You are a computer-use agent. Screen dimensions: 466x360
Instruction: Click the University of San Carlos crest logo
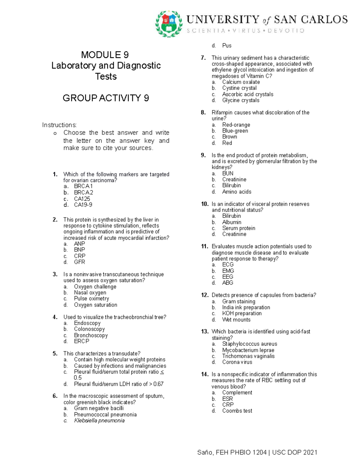169,24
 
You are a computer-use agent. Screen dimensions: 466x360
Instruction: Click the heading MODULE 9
105,55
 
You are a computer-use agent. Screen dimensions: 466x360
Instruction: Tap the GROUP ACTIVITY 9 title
106,98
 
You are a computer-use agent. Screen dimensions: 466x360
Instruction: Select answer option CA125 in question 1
82,199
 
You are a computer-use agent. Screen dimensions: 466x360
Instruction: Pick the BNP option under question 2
79,250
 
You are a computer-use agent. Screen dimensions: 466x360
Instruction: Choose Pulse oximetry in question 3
91,299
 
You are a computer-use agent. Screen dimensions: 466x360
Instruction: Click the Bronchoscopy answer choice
91,335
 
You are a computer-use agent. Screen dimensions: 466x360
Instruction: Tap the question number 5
55,353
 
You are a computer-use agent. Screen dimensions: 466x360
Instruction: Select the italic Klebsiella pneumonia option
99,420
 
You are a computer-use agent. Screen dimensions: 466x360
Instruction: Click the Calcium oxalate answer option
241,82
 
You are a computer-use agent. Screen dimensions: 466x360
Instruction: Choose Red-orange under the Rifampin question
236,125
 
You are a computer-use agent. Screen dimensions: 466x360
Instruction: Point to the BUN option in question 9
228,173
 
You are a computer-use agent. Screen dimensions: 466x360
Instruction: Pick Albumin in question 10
232,222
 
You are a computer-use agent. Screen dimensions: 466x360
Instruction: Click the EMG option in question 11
228,271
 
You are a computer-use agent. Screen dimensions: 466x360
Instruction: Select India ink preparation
246,307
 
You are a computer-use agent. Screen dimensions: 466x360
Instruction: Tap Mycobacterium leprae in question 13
248,350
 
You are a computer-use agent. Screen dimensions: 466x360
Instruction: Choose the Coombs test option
237,411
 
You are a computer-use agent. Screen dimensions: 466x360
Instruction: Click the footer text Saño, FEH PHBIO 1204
232,452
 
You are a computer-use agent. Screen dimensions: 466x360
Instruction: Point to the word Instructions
59,125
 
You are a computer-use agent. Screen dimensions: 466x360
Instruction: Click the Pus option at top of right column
226,46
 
